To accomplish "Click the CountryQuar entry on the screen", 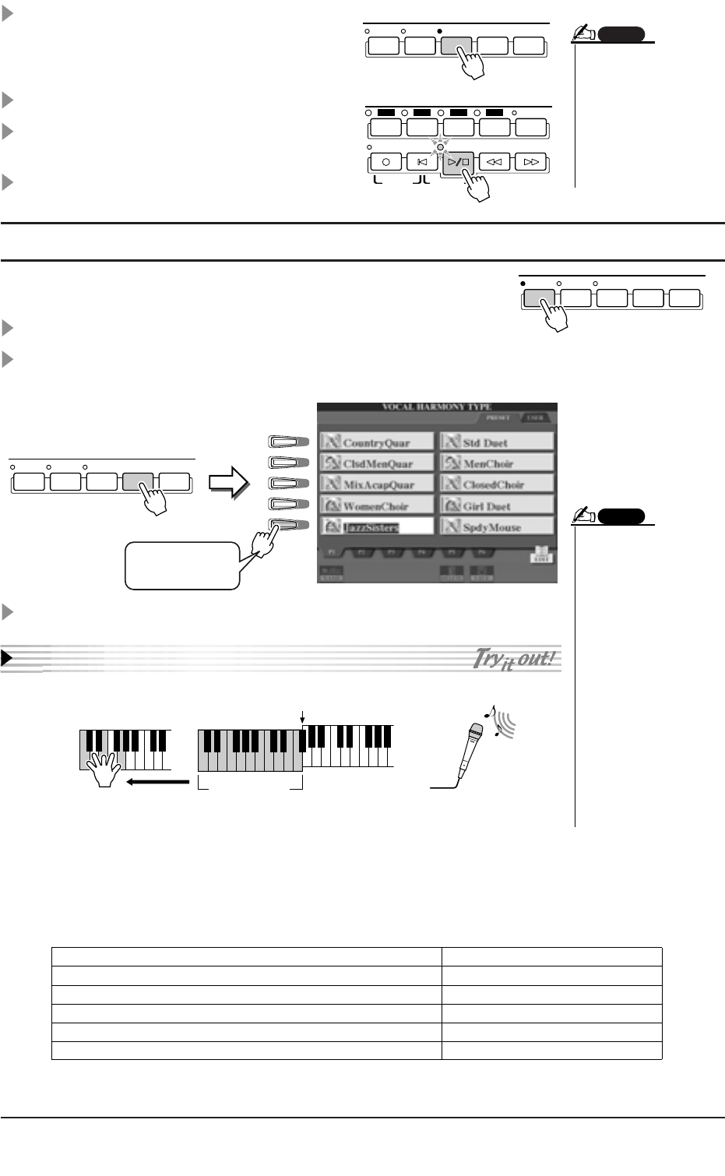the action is [x=377, y=442].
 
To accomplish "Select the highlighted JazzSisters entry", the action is [x=377, y=527].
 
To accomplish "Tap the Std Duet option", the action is [x=497, y=442].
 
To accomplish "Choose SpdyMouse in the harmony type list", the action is [x=497, y=527].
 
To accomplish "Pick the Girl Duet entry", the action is [x=497, y=506].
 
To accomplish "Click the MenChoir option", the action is [x=497, y=463].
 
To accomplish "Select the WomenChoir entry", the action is [x=377, y=506].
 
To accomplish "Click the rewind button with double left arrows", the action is [x=494, y=163].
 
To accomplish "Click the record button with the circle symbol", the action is [x=386, y=163].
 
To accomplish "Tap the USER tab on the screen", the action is [x=535, y=417].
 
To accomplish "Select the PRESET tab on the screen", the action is [x=498, y=417].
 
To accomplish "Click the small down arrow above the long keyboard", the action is [x=303, y=715].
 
